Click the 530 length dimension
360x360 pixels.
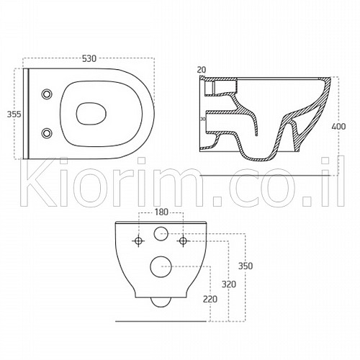(89, 58)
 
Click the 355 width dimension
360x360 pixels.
(14, 114)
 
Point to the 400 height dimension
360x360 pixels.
(338, 126)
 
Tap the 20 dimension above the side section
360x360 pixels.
(202, 70)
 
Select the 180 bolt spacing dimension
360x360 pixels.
(161, 212)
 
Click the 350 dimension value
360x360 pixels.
(246, 266)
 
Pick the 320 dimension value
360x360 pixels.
(229, 284)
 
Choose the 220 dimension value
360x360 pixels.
(210, 300)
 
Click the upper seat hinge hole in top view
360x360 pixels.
(47, 94)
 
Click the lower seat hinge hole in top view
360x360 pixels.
(47, 133)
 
